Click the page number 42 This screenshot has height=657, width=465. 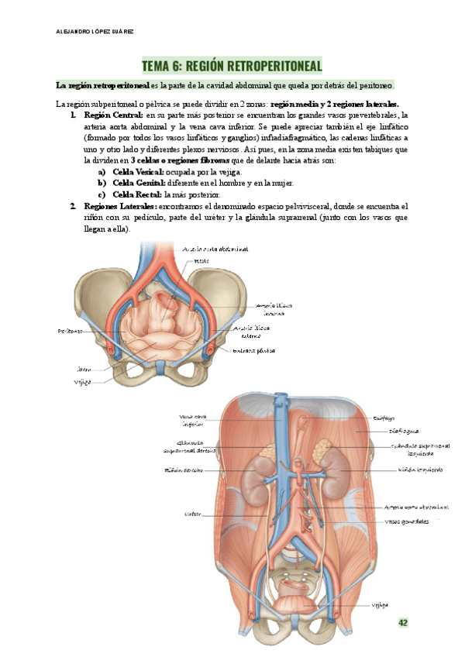[402, 622]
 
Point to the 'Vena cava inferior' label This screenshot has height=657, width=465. [191, 420]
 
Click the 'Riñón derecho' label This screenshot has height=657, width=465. [184, 470]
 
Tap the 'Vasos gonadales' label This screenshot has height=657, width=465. [407, 521]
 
